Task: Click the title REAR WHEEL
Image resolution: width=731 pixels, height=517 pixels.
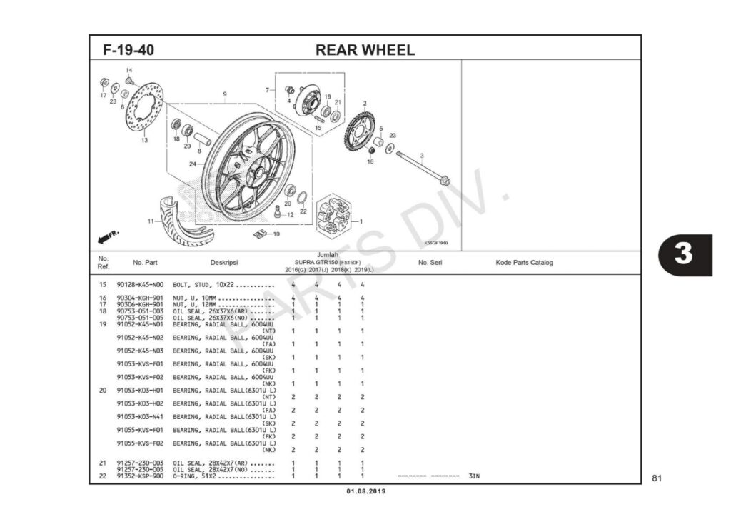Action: pos(364,50)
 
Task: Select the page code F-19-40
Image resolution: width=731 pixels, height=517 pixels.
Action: pos(129,51)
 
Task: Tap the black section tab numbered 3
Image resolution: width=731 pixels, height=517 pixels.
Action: pos(685,254)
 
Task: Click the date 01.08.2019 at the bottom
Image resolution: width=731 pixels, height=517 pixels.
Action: pos(365,492)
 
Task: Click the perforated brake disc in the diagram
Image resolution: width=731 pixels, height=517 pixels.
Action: pos(144,106)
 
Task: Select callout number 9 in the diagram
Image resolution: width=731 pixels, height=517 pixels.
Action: pos(225,94)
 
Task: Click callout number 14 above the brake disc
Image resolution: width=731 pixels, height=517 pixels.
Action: pos(129,70)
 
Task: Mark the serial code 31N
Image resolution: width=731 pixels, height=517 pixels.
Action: pos(474,476)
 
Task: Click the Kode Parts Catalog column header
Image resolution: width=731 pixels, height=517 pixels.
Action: pos(524,263)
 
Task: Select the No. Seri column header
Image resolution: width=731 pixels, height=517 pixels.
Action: pos(430,263)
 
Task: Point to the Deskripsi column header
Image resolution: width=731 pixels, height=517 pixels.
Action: pos(223,263)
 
